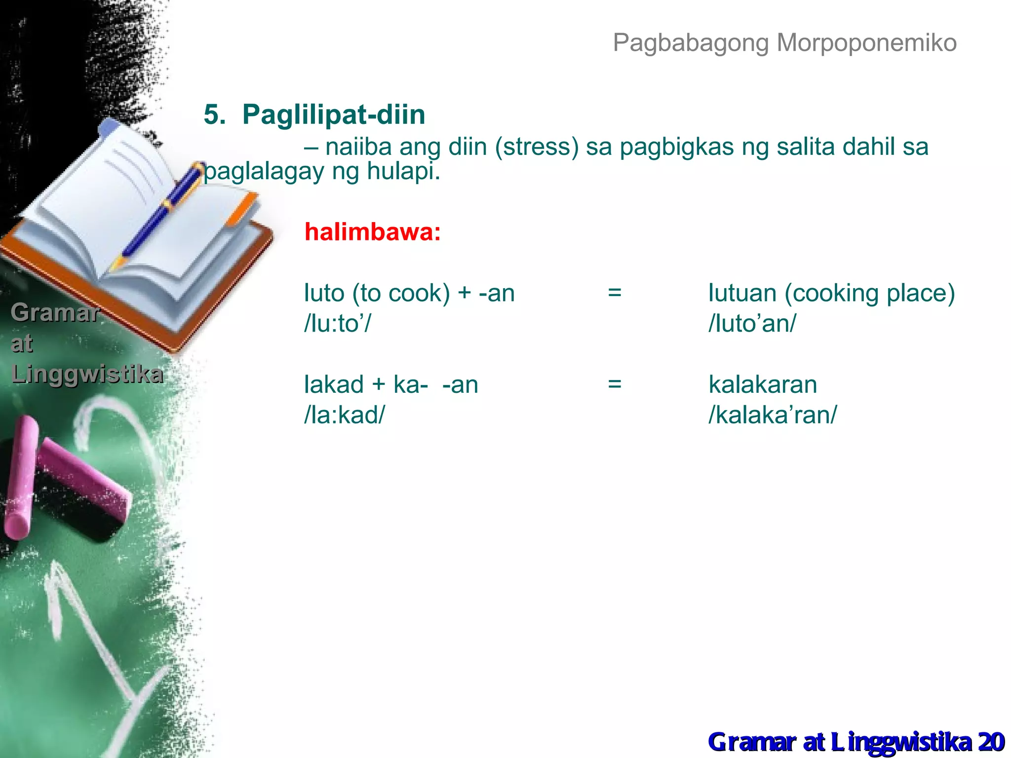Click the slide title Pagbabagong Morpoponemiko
pos(784,43)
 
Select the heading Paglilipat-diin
pos(334,114)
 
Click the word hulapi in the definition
pos(402,171)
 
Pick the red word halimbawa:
pos(372,232)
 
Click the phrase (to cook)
pos(401,293)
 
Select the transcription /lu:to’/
pos(337,324)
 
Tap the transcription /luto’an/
pos(752,324)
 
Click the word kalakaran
pos(763,384)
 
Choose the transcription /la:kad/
pos(344,415)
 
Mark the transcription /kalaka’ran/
pos(773,415)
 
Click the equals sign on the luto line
pos(615,293)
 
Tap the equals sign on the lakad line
pos(615,384)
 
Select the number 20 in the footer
pos(991,742)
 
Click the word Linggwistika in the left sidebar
pos(87,374)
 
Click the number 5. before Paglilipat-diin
pos(215,114)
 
